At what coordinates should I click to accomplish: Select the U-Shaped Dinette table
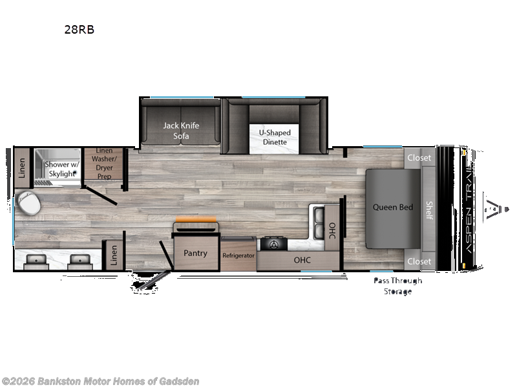click(x=275, y=137)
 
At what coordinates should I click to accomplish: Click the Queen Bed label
click(x=392, y=208)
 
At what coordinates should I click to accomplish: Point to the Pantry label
click(x=195, y=253)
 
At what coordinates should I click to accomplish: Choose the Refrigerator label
click(x=239, y=255)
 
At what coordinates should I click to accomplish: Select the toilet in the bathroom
click(x=28, y=204)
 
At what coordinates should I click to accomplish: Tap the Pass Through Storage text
click(x=397, y=285)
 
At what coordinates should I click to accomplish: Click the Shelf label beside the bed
click(x=428, y=210)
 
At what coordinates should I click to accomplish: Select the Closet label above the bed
click(x=419, y=157)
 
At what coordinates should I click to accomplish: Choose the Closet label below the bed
click(x=419, y=261)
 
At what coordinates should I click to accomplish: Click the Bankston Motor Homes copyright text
click(x=101, y=381)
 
